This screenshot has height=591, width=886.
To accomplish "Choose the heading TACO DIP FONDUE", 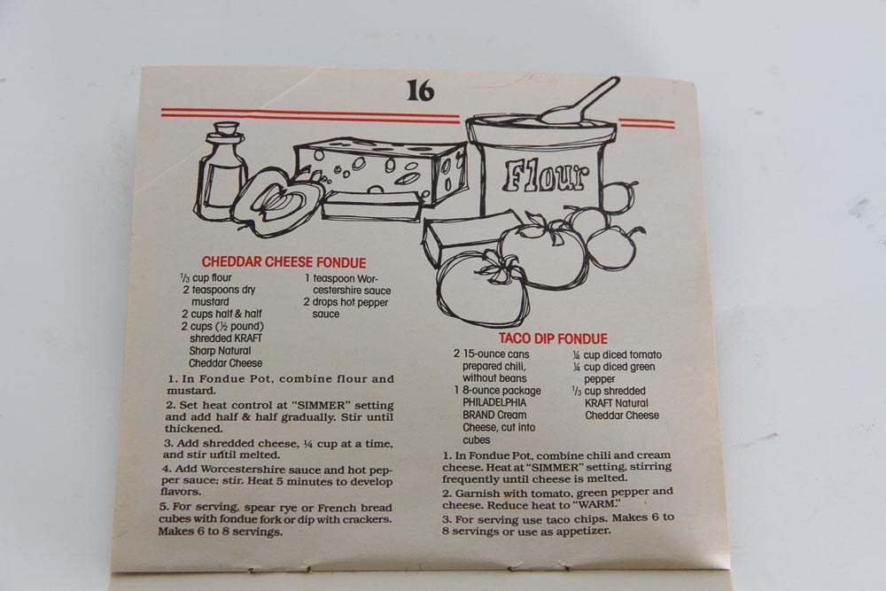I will [553, 338].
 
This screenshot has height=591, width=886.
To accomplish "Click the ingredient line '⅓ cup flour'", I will [206, 277].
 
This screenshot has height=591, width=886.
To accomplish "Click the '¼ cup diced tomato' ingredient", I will [617, 354].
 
